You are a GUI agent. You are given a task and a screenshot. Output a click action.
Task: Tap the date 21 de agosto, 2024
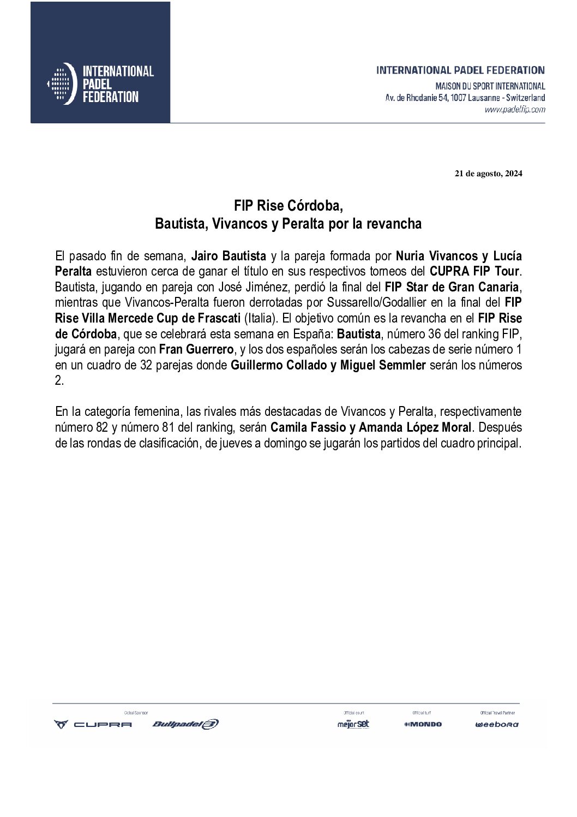[489, 174]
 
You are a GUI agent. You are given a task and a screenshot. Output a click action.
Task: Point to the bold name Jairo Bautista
[229, 255]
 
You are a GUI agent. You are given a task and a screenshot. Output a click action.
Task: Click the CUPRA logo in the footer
[93, 724]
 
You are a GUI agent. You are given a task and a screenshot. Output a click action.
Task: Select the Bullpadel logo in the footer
[185, 724]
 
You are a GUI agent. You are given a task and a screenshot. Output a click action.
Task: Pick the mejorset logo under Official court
[353, 724]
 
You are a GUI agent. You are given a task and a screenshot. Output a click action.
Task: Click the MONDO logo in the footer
[423, 724]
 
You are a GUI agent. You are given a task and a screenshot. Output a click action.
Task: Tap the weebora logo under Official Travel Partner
[496, 725]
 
